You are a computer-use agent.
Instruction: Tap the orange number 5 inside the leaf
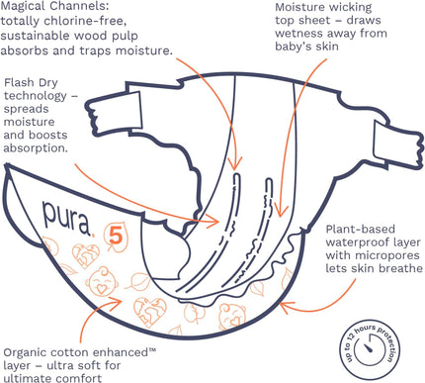pos(116,237)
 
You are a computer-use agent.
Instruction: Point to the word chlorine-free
pos(85,21)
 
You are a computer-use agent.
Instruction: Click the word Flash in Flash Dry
pos(17,82)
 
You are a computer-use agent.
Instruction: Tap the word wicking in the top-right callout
pos(350,8)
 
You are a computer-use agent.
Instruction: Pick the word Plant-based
pos(360,229)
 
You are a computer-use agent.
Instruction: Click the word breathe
pos(400,268)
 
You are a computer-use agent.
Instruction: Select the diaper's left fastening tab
pos(114,111)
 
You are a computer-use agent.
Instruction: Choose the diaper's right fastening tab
pos(397,144)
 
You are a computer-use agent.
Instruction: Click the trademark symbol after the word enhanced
pos(152,350)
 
